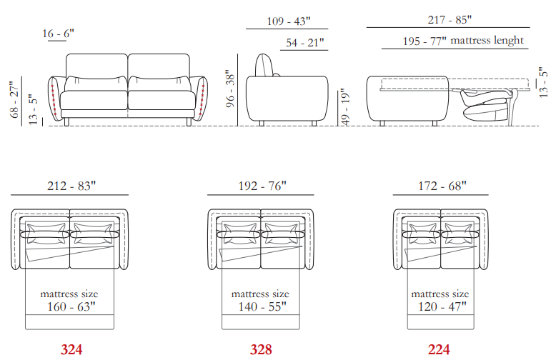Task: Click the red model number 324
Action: point(71,350)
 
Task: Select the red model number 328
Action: point(261,350)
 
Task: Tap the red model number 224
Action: point(439,350)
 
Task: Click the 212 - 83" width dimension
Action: point(71,186)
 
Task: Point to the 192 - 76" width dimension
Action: point(262,186)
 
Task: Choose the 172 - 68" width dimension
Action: point(442,186)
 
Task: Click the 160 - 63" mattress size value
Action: point(71,306)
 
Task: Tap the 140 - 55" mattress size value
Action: point(262,306)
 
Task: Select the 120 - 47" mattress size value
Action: point(442,306)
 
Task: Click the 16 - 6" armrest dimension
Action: point(58,34)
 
